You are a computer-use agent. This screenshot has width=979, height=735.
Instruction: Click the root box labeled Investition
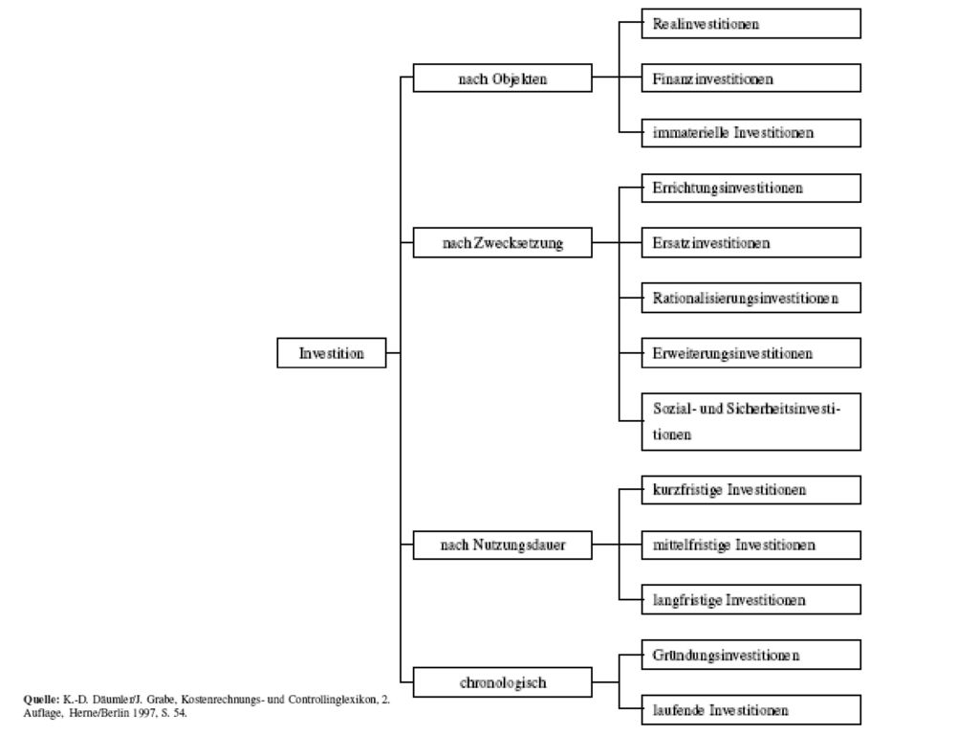coord(332,353)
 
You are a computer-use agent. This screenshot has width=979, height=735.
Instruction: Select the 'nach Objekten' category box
coord(503,78)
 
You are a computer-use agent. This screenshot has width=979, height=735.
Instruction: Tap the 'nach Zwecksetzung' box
coord(503,242)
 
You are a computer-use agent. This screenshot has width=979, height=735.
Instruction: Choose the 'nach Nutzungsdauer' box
coord(503,545)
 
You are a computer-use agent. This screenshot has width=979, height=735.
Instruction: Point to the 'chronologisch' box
coord(503,682)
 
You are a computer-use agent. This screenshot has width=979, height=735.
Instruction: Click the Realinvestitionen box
coord(751,24)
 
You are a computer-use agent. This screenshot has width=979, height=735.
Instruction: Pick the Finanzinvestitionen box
coord(751,78)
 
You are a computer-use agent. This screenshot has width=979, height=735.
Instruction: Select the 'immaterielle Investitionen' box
coord(751,132)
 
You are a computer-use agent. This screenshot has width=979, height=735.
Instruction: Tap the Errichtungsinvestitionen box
coord(751,189)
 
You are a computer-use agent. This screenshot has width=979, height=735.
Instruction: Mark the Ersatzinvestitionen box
coord(751,242)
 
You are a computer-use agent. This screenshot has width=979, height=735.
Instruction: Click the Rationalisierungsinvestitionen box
coord(751,298)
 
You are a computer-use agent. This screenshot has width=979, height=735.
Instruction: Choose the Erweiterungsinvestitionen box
coord(751,353)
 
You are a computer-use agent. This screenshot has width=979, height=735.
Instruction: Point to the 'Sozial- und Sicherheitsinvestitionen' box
coord(751,422)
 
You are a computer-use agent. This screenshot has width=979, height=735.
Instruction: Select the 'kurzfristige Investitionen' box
coord(751,490)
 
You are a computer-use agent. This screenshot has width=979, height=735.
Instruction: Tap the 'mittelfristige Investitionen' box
coord(751,545)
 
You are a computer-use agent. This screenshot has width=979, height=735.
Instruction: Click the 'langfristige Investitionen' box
coord(751,600)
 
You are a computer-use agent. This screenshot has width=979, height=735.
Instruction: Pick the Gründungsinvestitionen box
coord(751,655)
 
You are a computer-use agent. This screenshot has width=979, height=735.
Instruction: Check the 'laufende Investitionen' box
coord(751,710)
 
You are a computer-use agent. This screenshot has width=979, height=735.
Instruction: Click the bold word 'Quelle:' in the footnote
coord(41,700)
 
